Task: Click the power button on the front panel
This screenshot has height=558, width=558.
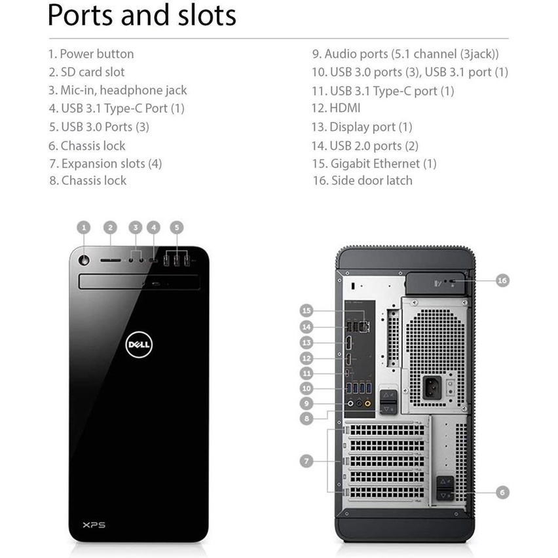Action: pyautogui.click(x=84, y=260)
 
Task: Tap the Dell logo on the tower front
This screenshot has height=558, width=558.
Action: pyautogui.click(x=139, y=344)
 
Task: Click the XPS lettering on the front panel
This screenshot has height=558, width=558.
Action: pyautogui.click(x=94, y=525)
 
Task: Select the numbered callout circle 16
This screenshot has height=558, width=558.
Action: pyautogui.click(x=502, y=280)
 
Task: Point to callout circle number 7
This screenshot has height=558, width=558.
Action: pyautogui.click(x=307, y=461)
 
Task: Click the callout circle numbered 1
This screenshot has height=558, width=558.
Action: pyautogui.click(x=84, y=227)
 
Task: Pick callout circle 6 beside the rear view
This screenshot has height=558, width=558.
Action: pyautogui.click(x=502, y=493)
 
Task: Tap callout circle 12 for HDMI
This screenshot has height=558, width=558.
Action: pyautogui.click(x=307, y=358)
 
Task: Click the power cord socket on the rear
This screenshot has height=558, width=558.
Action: pyautogui.click(x=432, y=387)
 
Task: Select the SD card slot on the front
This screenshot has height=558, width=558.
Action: pyautogui.click(x=111, y=261)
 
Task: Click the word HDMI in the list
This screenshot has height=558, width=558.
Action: pyautogui.click(x=345, y=108)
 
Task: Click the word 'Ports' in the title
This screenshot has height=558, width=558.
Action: pyautogui.click(x=80, y=15)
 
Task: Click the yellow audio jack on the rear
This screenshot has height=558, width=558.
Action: pyautogui.click(x=367, y=403)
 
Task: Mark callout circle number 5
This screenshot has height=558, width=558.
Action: pyautogui.click(x=177, y=227)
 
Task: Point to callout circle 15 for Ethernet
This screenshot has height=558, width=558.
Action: pyautogui.click(x=307, y=310)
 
